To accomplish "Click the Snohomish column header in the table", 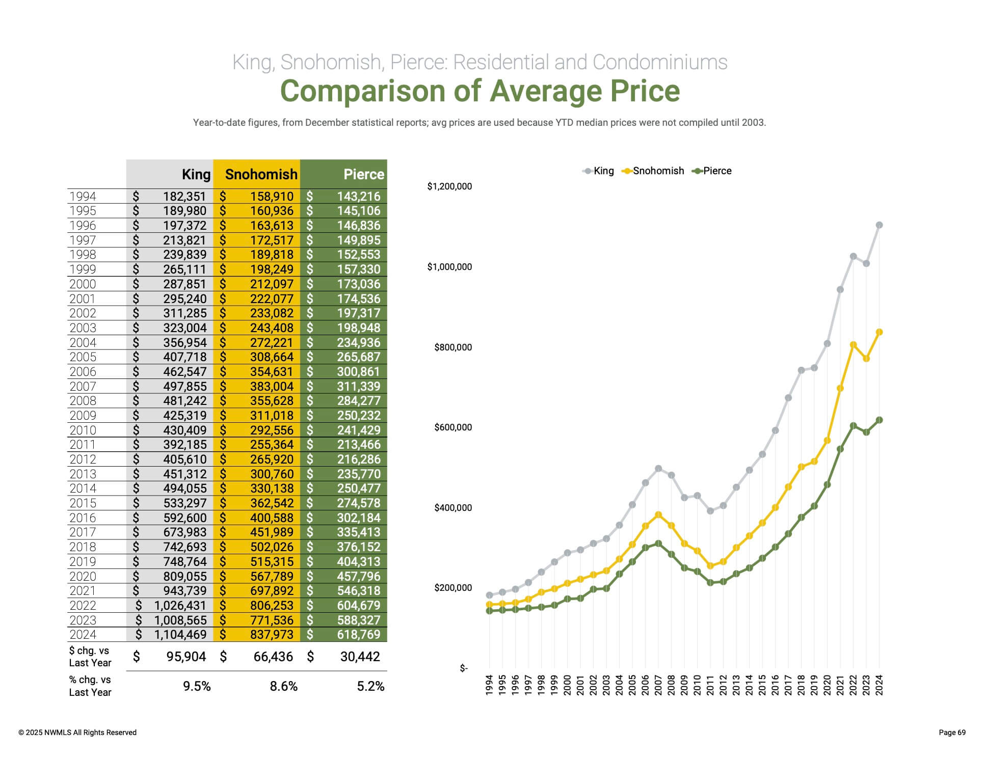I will (x=261, y=174).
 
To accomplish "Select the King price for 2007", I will (x=184, y=386).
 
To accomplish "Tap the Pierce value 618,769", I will (x=358, y=634).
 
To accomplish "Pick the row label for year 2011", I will (x=83, y=445).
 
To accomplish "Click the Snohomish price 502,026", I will (x=272, y=547).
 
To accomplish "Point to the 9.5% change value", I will (x=197, y=686).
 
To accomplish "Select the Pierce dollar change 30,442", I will (x=360, y=657).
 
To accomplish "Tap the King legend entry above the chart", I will (x=599, y=171).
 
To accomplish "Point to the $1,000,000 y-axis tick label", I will (x=449, y=267).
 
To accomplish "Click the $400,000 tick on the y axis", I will (x=453, y=508).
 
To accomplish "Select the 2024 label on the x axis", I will (x=879, y=685).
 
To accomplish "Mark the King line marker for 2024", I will (x=879, y=225).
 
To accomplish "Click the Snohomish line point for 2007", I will (x=658, y=515).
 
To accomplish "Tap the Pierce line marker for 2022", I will (x=853, y=425).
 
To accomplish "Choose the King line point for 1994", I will (x=490, y=595).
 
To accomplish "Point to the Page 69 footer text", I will (x=952, y=732).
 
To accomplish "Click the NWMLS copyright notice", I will (x=77, y=732).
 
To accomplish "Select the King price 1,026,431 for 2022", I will (x=180, y=605).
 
